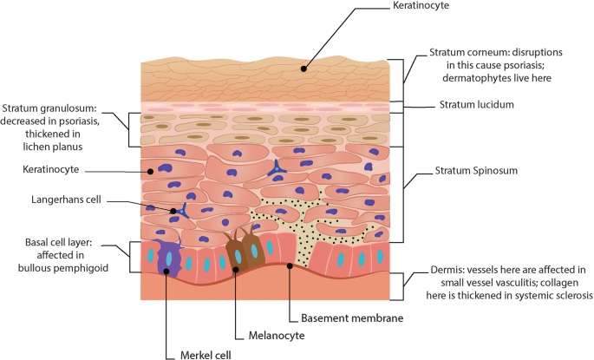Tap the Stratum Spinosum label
pyautogui.click(x=475, y=171)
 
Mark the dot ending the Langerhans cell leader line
pyautogui.click(x=173, y=211)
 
